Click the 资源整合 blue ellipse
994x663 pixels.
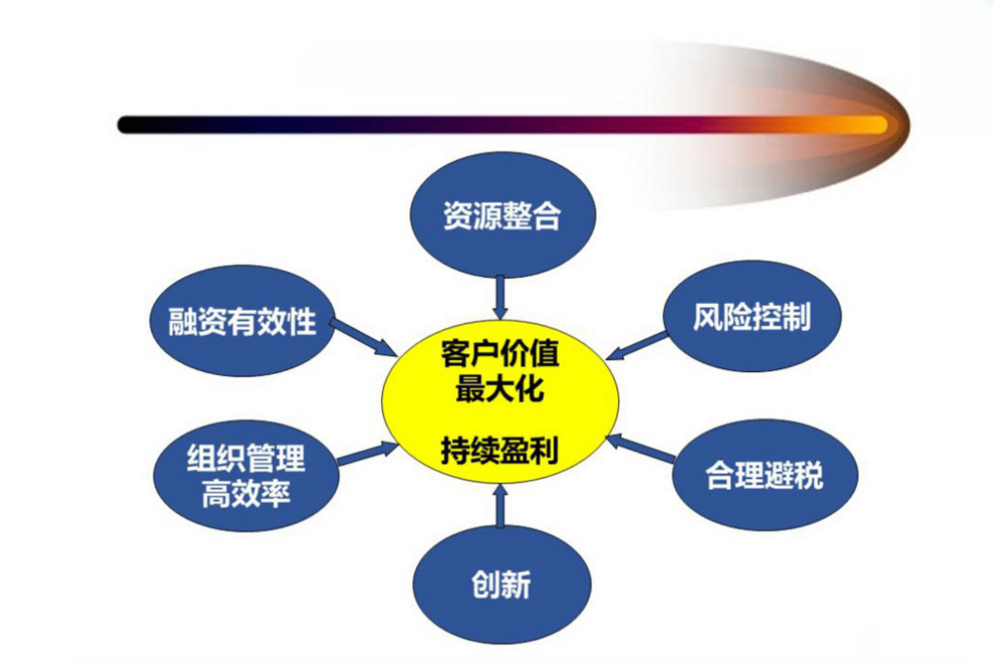[503, 215]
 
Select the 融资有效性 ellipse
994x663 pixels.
[243, 320]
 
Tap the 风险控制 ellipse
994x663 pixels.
[752, 315]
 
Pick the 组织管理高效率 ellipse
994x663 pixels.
[246, 475]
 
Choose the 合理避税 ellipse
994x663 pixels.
[764, 474]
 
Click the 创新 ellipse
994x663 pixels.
[502, 584]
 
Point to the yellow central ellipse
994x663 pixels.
[500, 401]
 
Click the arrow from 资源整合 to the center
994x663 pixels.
[501, 298]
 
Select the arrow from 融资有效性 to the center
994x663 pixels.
[363, 337]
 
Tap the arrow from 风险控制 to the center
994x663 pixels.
[636, 346]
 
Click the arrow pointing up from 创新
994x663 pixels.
[501, 505]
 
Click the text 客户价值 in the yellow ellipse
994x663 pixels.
[500, 353]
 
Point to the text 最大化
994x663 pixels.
[500, 387]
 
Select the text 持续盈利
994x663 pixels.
[500, 451]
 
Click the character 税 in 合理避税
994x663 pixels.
[810, 475]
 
